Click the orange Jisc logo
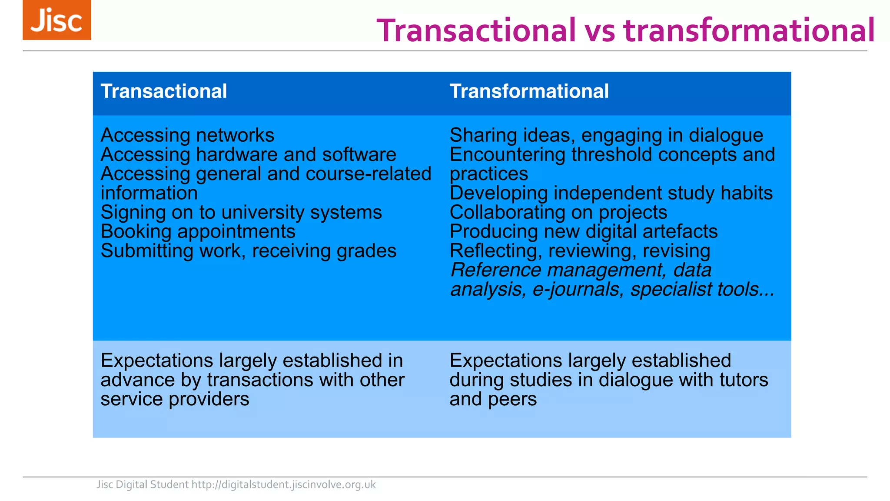coord(57,20)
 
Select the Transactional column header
coord(164,91)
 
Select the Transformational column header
coord(529,91)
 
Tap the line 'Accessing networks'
coord(187,135)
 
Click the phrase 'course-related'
coord(369,174)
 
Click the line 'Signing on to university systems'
coord(241,213)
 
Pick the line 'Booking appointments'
coord(198,232)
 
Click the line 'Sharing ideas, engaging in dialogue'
coord(606,135)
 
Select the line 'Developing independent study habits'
coord(611,193)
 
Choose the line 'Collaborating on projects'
coord(558,213)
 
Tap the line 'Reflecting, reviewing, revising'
coord(580,251)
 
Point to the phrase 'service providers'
coord(175,399)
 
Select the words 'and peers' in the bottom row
coord(493,399)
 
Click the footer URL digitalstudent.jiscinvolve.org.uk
coord(283,484)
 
